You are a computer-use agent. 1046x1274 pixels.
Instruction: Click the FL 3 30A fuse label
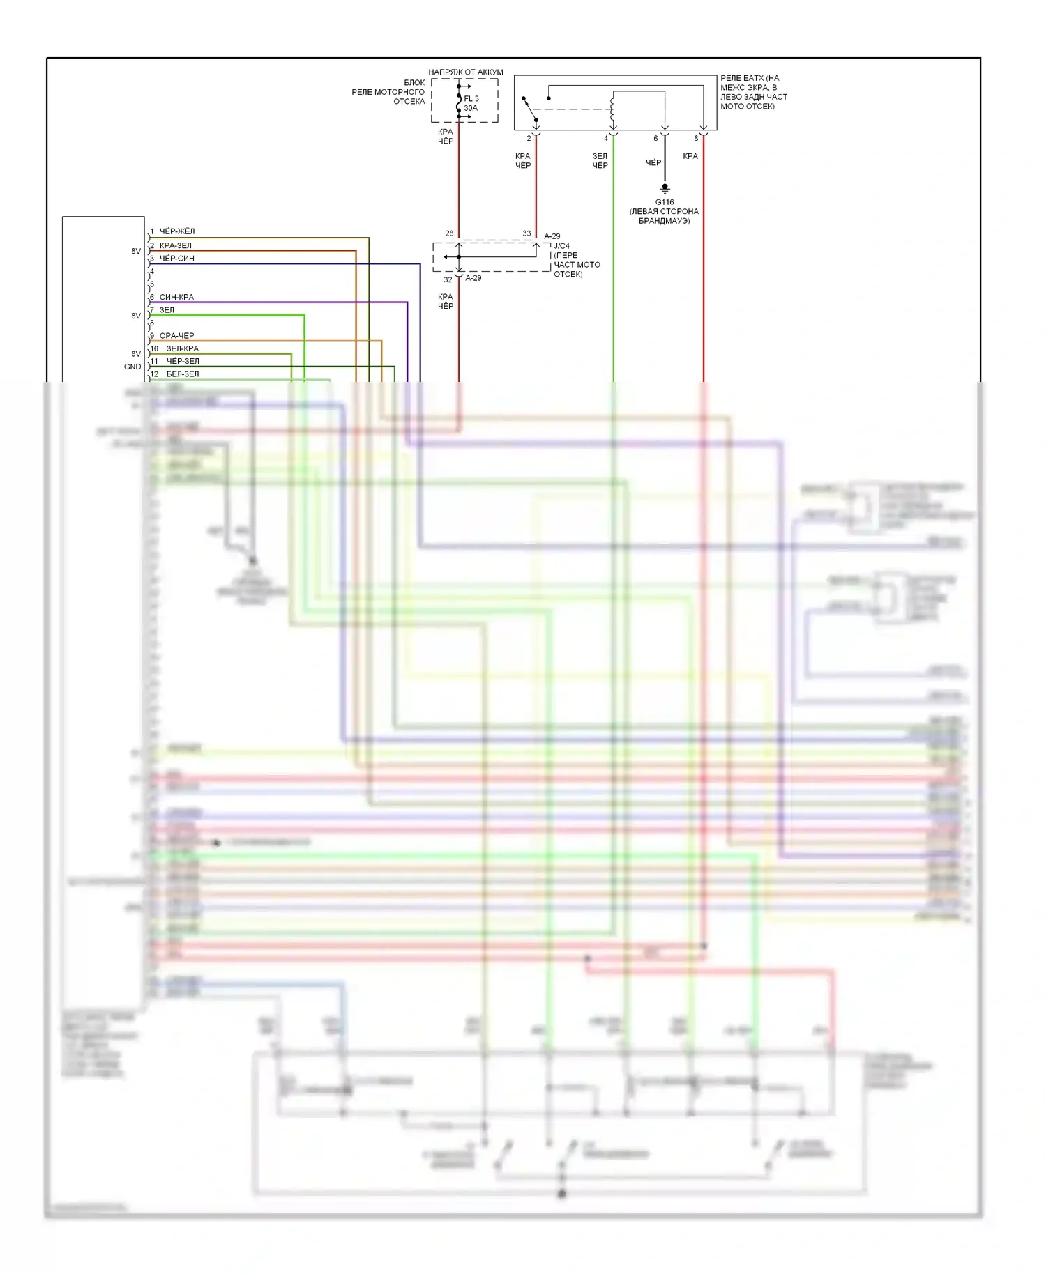(471, 103)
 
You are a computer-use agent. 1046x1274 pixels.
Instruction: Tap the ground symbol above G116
(665, 188)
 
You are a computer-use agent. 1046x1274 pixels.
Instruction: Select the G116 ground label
(665, 202)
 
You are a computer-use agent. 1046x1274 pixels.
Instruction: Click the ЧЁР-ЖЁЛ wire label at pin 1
(177, 231)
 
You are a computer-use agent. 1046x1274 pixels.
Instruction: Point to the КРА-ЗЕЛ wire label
(175, 245)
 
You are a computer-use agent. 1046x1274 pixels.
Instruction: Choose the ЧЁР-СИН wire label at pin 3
(177, 259)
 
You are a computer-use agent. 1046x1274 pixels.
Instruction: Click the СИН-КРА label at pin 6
(176, 297)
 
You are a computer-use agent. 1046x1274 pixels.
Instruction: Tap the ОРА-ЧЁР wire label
(176, 335)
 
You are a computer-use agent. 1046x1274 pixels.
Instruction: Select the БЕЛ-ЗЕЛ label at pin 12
(183, 374)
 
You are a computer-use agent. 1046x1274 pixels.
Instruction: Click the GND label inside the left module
(132, 367)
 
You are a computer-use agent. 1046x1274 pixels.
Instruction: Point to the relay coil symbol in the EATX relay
(612, 106)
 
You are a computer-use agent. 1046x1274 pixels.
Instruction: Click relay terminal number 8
(696, 139)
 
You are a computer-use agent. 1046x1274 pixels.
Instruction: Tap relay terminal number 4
(606, 139)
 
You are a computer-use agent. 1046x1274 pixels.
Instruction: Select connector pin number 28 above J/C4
(449, 233)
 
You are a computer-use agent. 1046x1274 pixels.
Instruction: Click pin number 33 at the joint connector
(526, 233)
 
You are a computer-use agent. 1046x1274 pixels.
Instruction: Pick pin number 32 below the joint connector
(448, 279)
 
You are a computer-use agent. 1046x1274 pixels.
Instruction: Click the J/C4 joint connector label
(561, 246)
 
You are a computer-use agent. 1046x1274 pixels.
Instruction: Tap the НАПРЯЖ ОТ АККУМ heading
(466, 72)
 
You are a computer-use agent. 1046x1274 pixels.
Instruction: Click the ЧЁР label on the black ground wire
(653, 163)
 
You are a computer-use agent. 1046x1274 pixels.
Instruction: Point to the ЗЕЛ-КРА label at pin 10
(183, 348)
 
